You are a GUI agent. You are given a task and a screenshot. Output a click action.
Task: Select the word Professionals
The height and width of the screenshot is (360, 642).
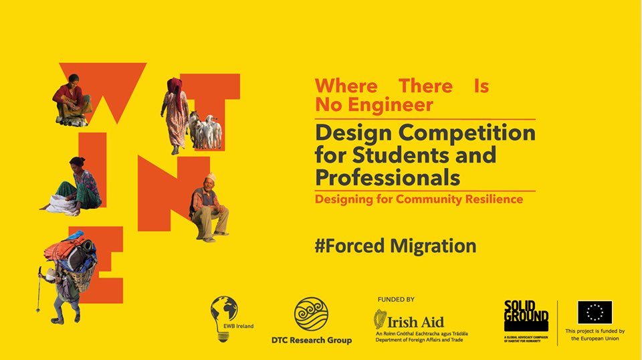(387, 178)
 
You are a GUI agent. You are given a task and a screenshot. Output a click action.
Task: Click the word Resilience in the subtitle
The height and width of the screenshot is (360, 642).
(490, 199)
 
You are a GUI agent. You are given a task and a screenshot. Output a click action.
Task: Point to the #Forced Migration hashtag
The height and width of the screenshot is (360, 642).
(395, 246)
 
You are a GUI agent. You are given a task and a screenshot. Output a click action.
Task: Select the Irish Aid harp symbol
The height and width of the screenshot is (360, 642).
(380, 320)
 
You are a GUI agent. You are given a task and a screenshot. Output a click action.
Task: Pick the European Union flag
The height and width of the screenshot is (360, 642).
(595, 312)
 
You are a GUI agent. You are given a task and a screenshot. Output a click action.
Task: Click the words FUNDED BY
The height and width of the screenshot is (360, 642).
(396, 300)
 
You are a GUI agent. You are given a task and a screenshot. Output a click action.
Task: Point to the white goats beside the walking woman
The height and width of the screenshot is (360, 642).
(205, 131)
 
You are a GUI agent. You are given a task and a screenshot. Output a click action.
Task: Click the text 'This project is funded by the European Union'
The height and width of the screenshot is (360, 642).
(595, 335)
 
